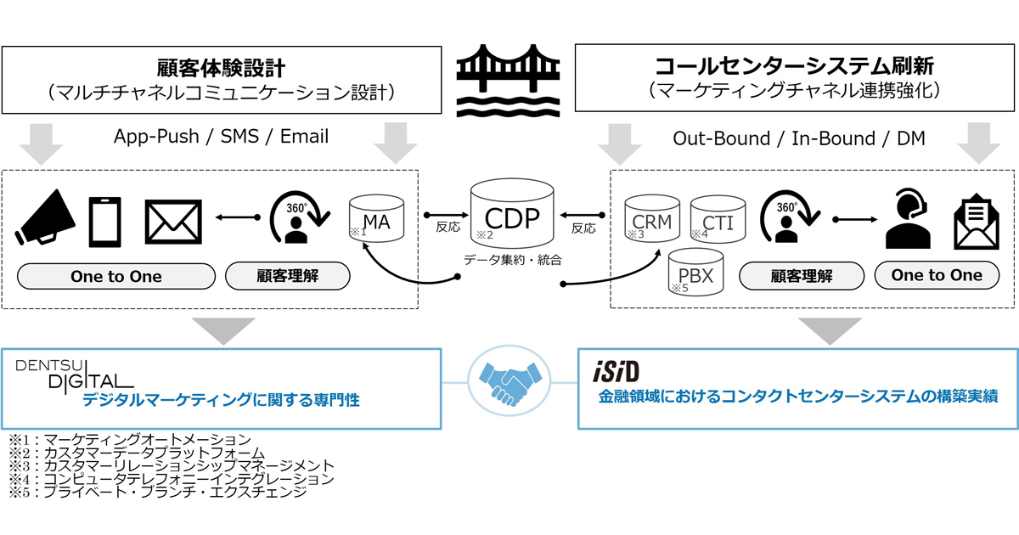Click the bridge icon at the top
click(508, 80)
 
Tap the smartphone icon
click(105, 222)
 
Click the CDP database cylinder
click(512, 213)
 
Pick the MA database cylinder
click(377, 218)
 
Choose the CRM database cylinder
click(652, 218)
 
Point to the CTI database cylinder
click(718, 219)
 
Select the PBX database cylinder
click(696, 272)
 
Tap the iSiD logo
click(616, 372)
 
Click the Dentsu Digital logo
click(74, 375)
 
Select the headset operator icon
click(907, 218)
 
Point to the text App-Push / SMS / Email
click(221, 137)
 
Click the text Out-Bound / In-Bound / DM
click(799, 138)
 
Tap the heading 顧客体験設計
click(222, 69)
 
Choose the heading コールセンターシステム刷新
click(794, 66)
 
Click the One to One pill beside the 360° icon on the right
click(937, 275)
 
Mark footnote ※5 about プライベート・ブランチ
click(158, 493)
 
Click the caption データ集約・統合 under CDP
click(513, 260)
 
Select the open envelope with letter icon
click(977, 222)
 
